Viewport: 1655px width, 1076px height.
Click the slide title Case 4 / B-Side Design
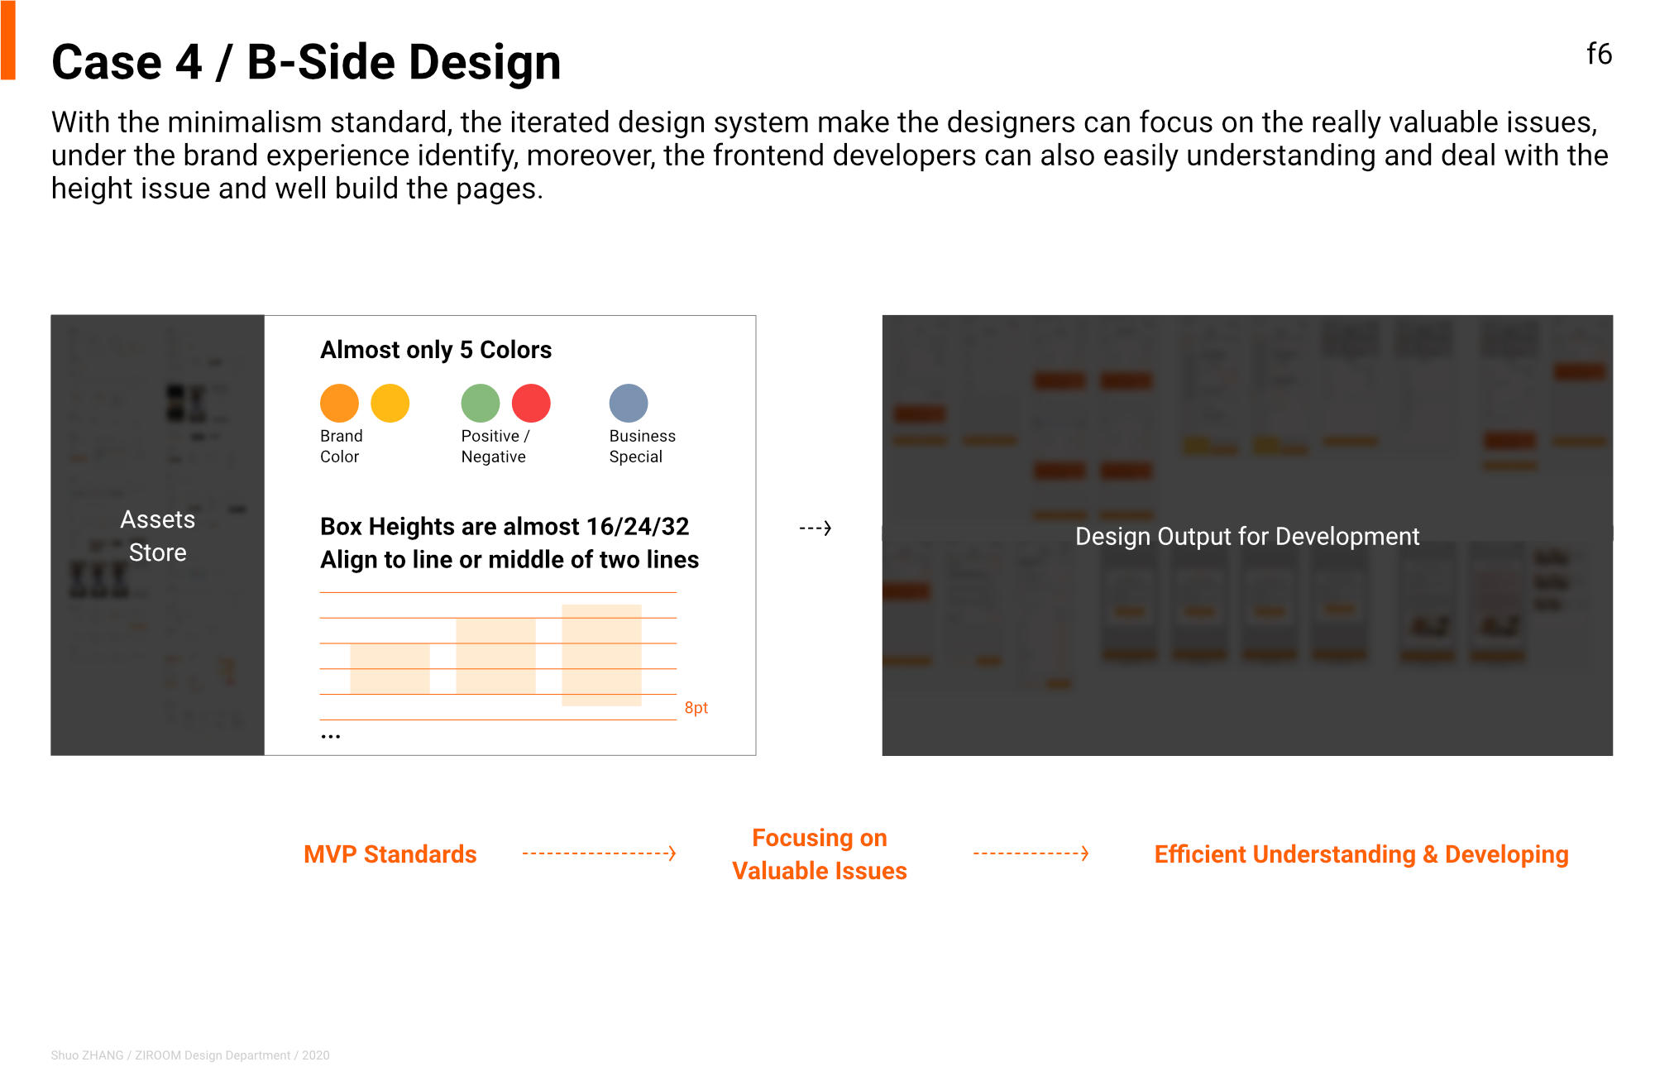click(306, 62)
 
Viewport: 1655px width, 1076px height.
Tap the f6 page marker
click(1599, 54)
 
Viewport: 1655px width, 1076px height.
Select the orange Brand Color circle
click(339, 404)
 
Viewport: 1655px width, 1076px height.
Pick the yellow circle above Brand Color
click(390, 404)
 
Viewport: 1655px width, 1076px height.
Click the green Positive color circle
click(481, 404)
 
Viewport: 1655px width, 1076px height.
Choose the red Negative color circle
click(531, 404)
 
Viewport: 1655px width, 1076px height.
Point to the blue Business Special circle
click(629, 404)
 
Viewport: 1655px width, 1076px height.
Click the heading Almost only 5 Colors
click(436, 350)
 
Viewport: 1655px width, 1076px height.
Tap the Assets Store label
click(158, 536)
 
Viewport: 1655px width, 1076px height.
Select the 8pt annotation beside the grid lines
click(696, 708)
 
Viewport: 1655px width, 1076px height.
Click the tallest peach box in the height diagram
click(601, 655)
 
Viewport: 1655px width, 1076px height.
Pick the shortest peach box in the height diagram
click(390, 668)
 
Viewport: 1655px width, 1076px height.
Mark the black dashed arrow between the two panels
click(816, 528)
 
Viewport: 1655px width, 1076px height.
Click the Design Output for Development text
click(1247, 537)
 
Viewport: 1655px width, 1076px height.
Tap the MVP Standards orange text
click(390, 854)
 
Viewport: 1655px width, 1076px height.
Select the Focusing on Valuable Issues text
click(820, 854)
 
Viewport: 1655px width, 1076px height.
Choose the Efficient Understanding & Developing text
click(1361, 854)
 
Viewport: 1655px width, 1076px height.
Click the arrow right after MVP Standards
click(600, 853)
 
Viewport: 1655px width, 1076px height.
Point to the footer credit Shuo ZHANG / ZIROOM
click(190, 1055)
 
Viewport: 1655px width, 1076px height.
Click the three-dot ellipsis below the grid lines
click(331, 736)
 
